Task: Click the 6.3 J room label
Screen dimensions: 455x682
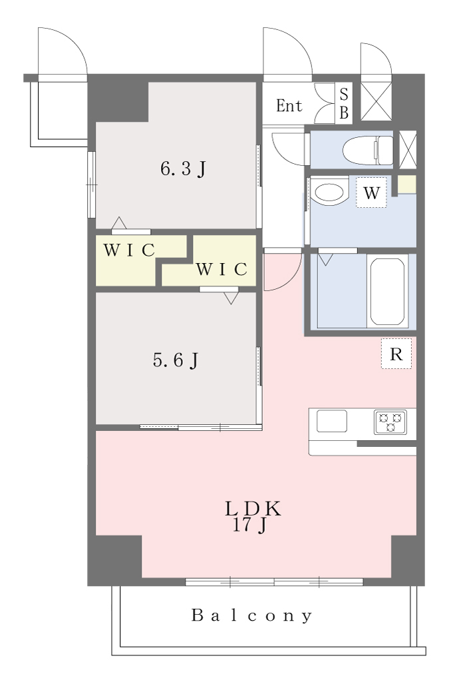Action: (183, 169)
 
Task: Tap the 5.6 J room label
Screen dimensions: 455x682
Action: (176, 360)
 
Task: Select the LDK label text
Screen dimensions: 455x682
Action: (253, 509)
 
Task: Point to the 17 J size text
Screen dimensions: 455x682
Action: (249, 525)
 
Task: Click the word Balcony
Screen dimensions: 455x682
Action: (252, 615)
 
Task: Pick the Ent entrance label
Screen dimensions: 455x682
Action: (289, 106)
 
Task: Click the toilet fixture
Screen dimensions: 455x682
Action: (368, 150)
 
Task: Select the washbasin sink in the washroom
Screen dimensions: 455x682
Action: (330, 191)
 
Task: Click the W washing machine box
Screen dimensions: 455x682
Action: (372, 192)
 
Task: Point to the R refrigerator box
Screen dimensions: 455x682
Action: (396, 354)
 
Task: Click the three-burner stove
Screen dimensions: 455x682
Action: (390, 422)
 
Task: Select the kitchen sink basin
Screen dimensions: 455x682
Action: (331, 421)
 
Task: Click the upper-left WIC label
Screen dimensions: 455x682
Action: (129, 250)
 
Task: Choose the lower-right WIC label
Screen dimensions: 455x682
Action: (222, 269)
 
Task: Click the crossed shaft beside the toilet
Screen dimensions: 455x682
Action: (408, 150)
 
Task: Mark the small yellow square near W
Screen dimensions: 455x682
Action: (406, 184)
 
